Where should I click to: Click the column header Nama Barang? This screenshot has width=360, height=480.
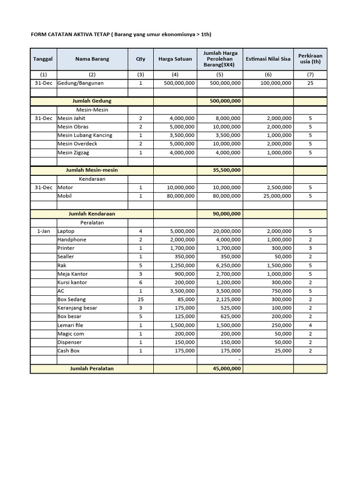click(x=92, y=59)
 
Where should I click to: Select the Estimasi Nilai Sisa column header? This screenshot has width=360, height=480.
click(x=268, y=59)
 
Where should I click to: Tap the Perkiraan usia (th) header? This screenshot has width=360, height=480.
click(x=310, y=59)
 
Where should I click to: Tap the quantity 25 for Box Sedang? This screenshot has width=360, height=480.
click(x=141, y=300)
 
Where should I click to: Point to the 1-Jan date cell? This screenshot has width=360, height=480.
click(x=43, y=232)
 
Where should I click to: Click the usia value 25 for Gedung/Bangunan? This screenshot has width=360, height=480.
click(x=310, y=83)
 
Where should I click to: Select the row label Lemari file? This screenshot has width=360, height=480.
click(x=70, y=325)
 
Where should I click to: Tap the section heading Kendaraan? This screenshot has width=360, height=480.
click(x=92, y=179)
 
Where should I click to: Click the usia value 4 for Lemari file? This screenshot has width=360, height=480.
click(x=310, y=325)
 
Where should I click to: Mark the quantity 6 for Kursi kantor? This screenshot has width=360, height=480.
click(x=141, y=283)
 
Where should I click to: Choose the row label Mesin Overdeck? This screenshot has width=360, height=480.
click(x=78, y=144)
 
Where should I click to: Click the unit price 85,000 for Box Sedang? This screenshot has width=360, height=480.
click(x=184, y=300)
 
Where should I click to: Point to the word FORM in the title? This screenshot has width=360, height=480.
click(x=38, y=35)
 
